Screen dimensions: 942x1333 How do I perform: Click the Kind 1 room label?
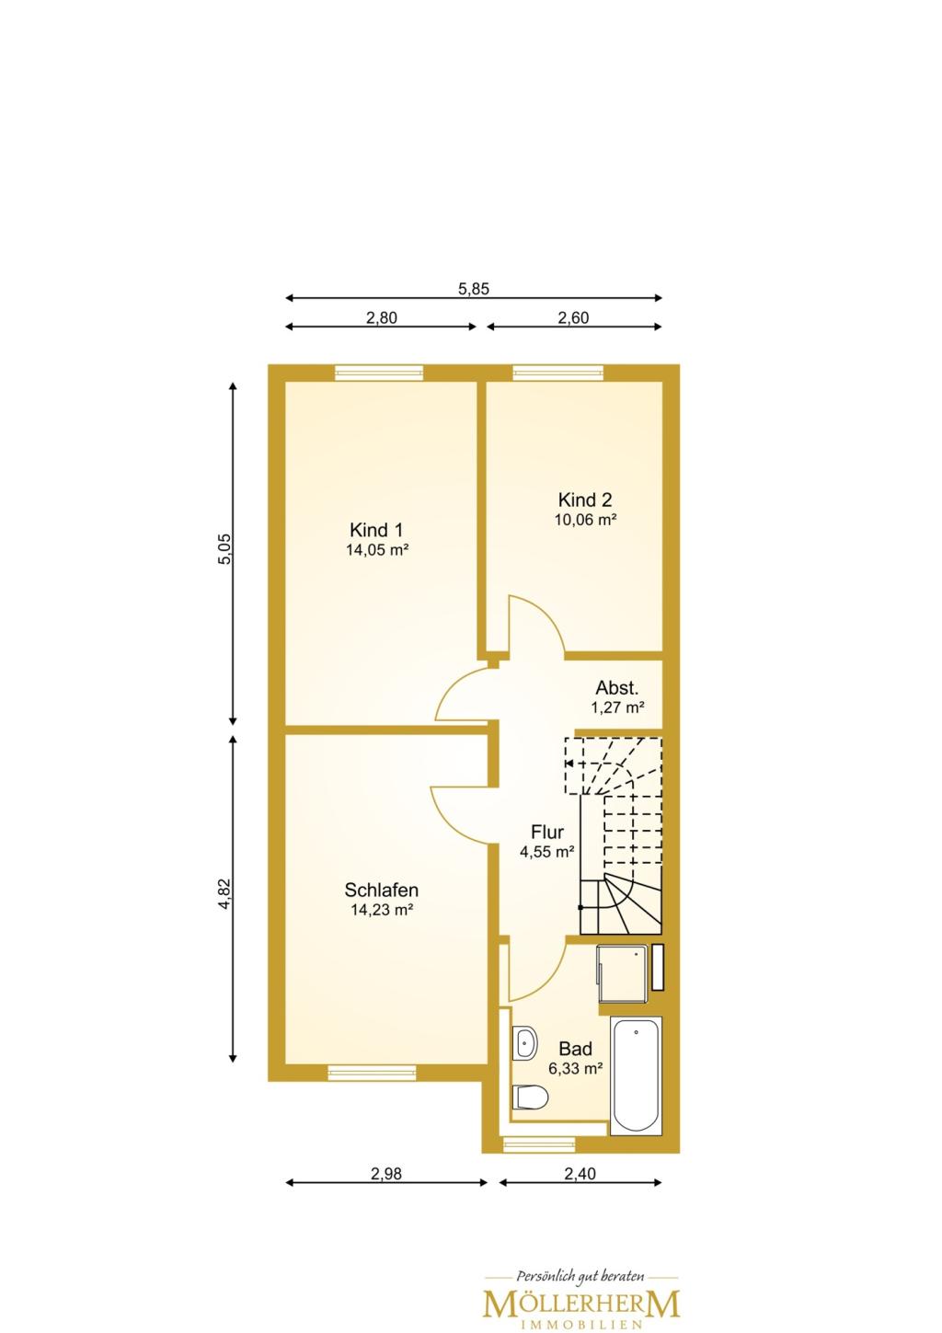pos(376,530)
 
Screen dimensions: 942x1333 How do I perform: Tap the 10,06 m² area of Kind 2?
pos(585,520)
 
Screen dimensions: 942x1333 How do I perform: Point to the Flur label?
pos(546,832)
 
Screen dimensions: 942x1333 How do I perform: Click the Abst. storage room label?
pos(617,688)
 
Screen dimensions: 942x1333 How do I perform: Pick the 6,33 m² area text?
pos(576,1085)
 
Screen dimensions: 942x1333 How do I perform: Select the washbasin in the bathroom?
pos(525,1041)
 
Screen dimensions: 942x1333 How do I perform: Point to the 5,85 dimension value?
pos(473,289)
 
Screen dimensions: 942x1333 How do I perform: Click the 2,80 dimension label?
pos(381,317)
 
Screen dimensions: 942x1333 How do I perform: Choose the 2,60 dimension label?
pos(573,317)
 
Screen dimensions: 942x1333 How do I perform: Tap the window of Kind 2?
pos(558,373)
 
